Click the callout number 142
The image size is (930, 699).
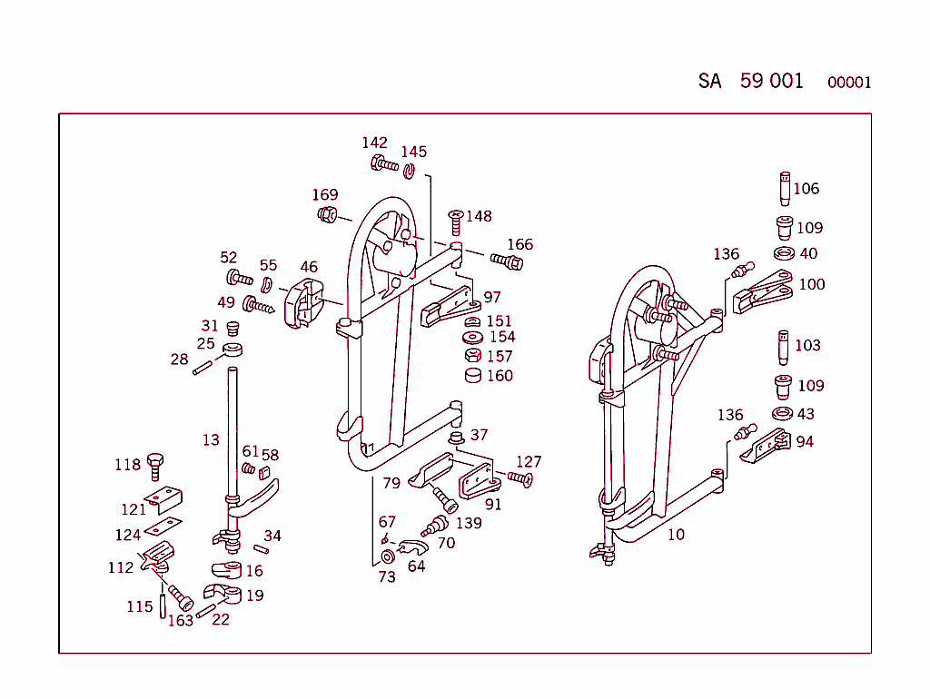tap(374, 143)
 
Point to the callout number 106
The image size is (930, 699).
tap(806, 189)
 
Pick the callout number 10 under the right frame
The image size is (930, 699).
tap(676, 535)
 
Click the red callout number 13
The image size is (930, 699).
tap(211, 440)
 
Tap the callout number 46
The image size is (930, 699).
tap(309, 267)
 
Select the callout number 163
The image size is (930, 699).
tap(181, 621)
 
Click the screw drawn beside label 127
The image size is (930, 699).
tap(520, 478)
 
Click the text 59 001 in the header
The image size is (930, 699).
tap(771, 81)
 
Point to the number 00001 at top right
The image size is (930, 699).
tap(849, 83)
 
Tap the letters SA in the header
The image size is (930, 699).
tap(709, 81)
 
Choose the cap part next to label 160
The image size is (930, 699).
tap(473, 375)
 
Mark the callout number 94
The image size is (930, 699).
tap(805, 442)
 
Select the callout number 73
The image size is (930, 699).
tap(387, 576)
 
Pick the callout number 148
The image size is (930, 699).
tap(479, 216)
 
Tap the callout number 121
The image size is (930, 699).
tap(134, 510)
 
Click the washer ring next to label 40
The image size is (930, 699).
tap(784, 252)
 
